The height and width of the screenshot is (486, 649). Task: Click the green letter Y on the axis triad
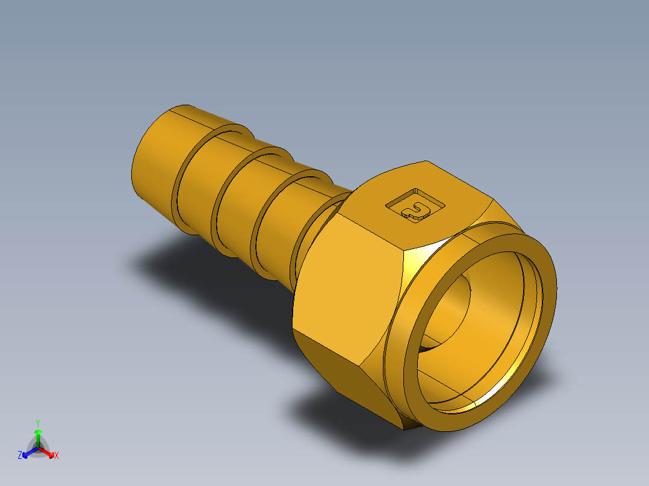coord(37,423)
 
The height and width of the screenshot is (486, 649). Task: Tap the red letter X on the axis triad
coord(57,455)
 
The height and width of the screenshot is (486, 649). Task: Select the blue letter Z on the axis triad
coord(20,455)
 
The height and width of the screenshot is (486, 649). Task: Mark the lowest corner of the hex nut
coord(405,429)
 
